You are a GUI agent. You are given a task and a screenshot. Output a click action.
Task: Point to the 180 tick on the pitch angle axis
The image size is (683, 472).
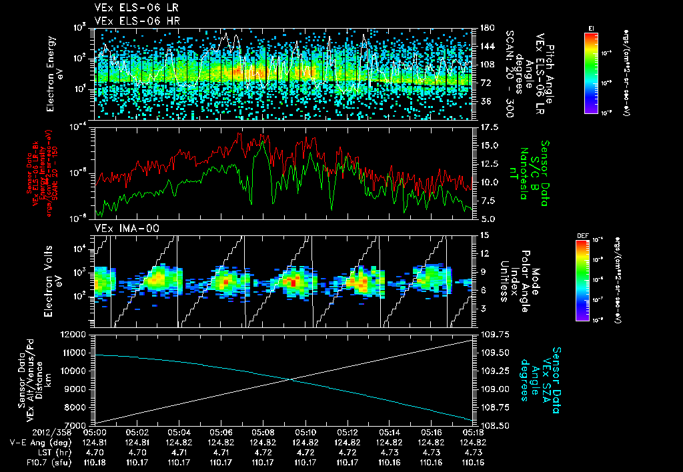coord(487,28)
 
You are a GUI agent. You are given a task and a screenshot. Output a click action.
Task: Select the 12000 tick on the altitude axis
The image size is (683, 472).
coord(75,334)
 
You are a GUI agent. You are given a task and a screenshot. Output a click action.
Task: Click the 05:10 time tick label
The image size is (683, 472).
coord(305,433)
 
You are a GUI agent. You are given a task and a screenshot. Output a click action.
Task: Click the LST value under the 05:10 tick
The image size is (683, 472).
coord(305,451)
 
